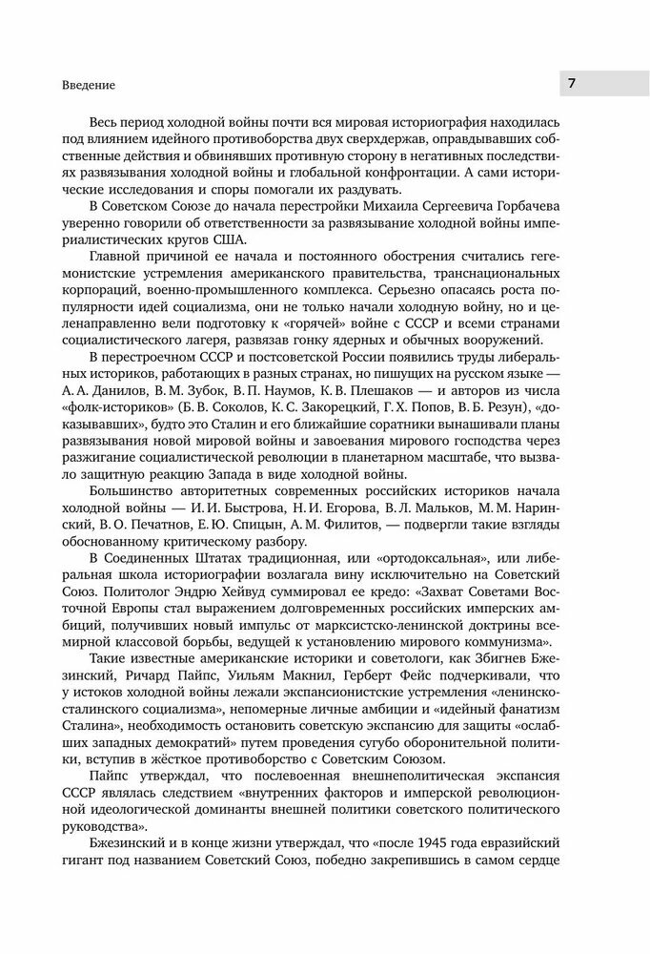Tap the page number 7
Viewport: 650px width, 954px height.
tap(571, 83)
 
